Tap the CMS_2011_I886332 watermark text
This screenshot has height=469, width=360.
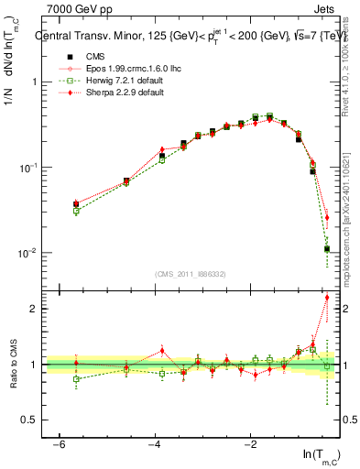[x=191, y=274]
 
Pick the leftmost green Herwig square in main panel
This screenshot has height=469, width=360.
[x=76, y=211]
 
